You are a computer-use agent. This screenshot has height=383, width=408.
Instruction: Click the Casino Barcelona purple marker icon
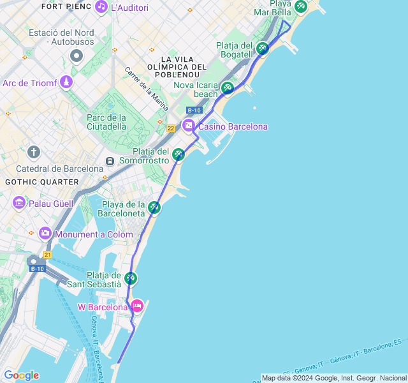(x=189, y=126)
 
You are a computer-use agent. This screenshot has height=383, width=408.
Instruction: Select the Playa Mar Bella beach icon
(x=300, y=6)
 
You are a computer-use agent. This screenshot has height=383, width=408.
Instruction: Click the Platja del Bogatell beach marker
(x=263, y=48)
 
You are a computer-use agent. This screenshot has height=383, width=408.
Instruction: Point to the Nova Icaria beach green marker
(x=227, y=87)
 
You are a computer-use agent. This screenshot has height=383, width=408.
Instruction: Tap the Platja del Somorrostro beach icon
(x=178, y=154)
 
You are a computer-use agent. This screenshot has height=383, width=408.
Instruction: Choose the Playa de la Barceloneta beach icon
(x=154, y=207)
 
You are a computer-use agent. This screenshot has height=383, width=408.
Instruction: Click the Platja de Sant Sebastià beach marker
(x=130, y=278)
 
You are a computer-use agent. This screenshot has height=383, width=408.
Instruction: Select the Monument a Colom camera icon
(x=45, y=234)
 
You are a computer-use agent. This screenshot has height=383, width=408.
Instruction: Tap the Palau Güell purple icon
(x=19, y=202)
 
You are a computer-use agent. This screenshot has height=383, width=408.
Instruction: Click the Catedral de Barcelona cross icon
(x=34, y=152)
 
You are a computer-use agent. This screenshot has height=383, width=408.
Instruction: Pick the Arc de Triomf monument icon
(x=66, y=82)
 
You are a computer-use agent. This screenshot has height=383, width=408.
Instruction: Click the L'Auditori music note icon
(x=101, y=7)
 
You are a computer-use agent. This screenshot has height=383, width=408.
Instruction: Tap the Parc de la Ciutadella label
(x=107, y=121)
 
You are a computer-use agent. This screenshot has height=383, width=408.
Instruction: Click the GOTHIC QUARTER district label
(x=41, y=182)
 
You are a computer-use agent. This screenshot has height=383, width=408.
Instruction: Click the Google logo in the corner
(x=21, y=375)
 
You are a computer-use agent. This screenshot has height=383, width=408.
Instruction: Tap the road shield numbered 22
(x=171, y=128)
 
